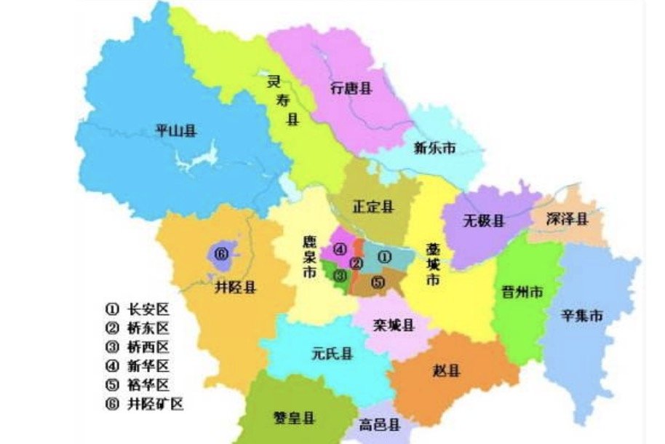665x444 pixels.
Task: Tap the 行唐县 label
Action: coord(351,89)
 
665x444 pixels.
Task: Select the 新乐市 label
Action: coord(434,148)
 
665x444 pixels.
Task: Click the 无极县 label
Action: coord(483,221)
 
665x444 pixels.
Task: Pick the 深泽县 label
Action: coord(567,218)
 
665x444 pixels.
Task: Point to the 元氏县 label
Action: coord(332,354)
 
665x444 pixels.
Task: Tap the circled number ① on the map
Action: coord(385,257)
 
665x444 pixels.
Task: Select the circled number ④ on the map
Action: coord(340,249)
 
